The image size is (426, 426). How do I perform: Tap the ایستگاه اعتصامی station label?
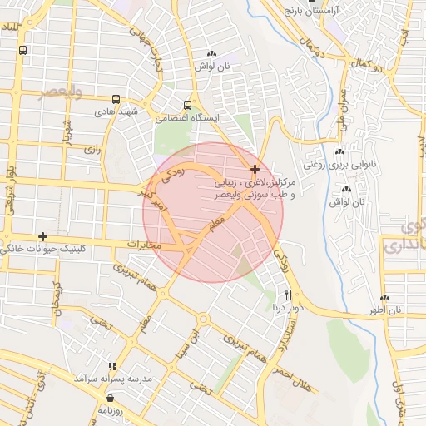pyautogui.click(x=195, y=118)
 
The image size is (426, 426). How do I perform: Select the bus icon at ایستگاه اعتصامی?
pyautogui.click(x=187, y=106)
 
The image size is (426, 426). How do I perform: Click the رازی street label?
pyautogui.click(x=91, y=150)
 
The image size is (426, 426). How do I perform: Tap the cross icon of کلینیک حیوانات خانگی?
pyautogui.click(x=42, y=237)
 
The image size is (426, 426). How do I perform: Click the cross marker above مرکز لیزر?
pyautogui.click(x=255, y=169)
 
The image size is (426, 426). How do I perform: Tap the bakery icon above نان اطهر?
pyautogui.click(x=384, y=298)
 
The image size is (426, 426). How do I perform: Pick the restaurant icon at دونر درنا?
pyautogui.click(x=289, y=294)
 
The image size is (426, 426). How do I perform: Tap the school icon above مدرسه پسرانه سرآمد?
pyautogui.click(x=113, y=366)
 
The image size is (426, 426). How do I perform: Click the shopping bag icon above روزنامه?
pyautogui.click(x=111, y=398)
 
